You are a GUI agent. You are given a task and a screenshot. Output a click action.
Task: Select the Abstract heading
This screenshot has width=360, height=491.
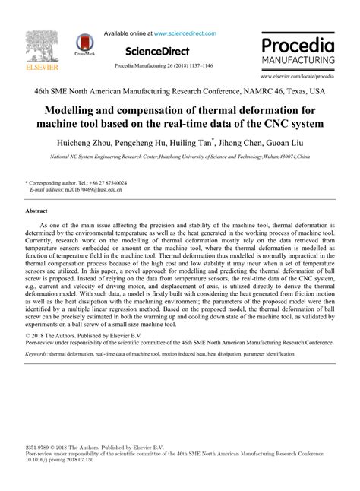point(36,210)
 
